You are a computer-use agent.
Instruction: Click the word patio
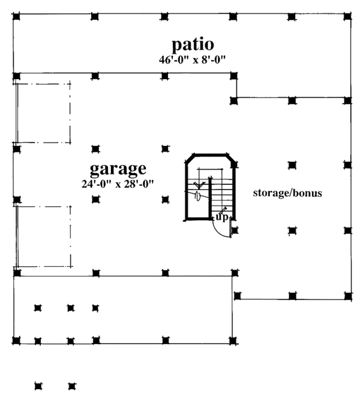point(193,44)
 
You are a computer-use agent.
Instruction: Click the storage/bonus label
point(287,193)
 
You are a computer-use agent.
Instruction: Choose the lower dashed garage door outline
point(43,237)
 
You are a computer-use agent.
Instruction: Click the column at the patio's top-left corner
point(16,16)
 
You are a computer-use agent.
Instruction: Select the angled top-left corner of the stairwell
point(189,158)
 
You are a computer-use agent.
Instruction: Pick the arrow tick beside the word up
point(224,210)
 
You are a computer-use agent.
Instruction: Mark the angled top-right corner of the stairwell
point(232,158)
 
